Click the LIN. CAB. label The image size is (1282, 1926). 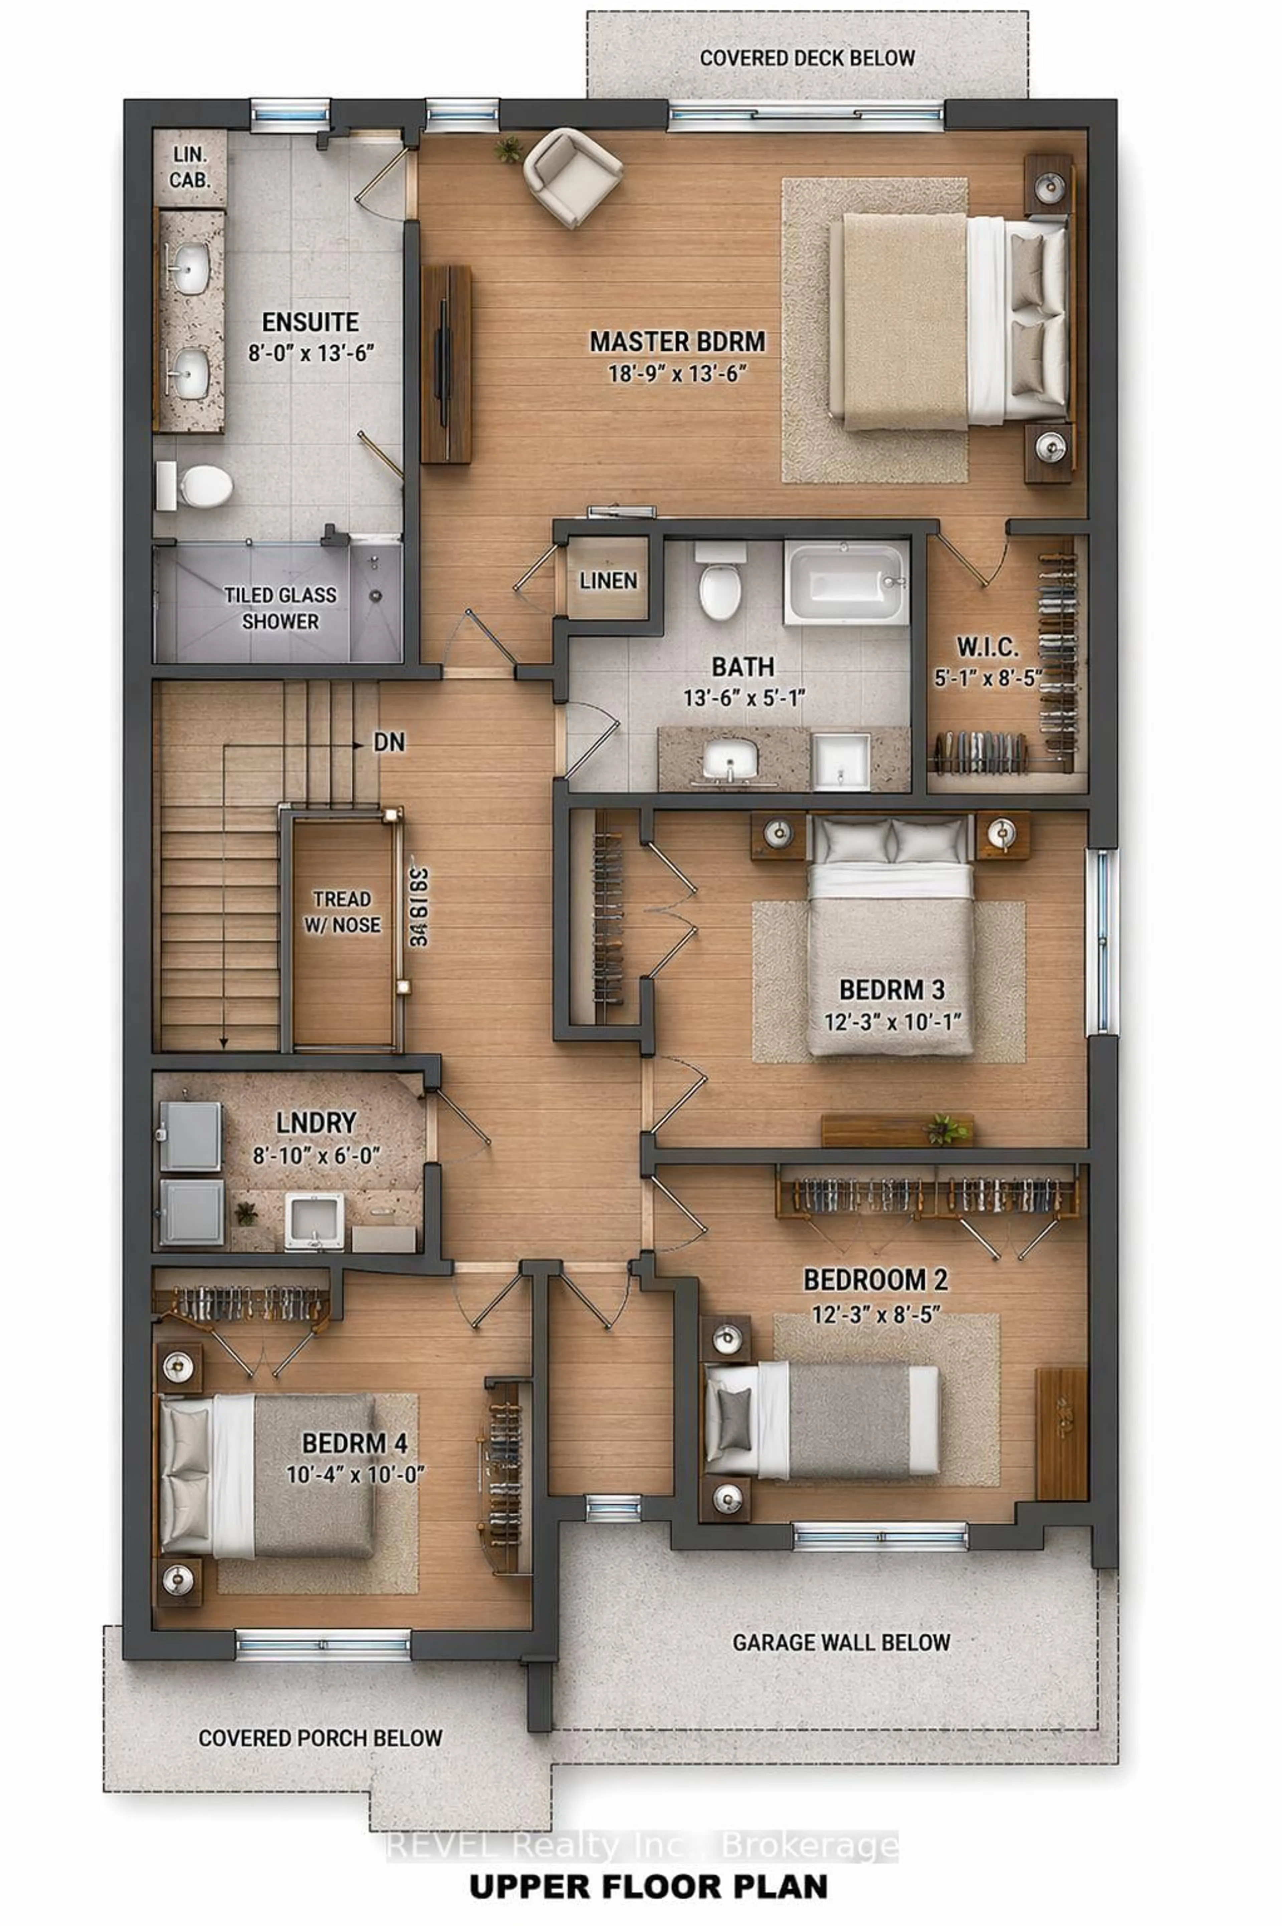(x=190, y=168)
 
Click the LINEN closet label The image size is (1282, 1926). (x=608, y=581)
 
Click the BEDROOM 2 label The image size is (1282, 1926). (x=876, y=1279)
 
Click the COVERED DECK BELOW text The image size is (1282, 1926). (x=807, y=58)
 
